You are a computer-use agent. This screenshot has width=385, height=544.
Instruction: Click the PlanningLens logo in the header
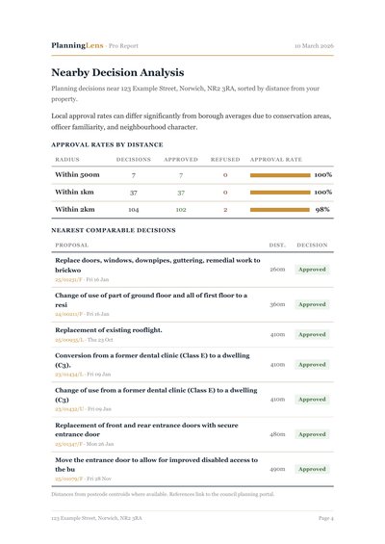78,45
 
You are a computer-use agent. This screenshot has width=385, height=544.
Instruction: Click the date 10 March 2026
314,45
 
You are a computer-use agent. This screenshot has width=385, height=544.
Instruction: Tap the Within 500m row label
77,175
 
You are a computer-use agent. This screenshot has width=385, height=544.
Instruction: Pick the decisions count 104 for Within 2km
133,209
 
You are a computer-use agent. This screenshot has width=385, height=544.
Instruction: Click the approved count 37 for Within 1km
180,193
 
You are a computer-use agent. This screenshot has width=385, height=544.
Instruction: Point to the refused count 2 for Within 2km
225,209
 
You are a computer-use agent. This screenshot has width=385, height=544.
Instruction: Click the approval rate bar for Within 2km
279,209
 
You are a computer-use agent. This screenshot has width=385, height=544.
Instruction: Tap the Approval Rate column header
275,159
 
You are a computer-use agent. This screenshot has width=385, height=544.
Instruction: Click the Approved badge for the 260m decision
312,270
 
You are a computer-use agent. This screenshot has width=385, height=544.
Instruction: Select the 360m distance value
277,304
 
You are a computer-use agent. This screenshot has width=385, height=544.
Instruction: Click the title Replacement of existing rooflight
108,329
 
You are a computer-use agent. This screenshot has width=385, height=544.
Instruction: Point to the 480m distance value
277,434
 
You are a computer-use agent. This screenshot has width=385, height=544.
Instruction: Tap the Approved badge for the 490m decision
312,469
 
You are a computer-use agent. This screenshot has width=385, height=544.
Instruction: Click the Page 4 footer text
325,518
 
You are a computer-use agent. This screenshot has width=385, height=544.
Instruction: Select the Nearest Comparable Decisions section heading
114,231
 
